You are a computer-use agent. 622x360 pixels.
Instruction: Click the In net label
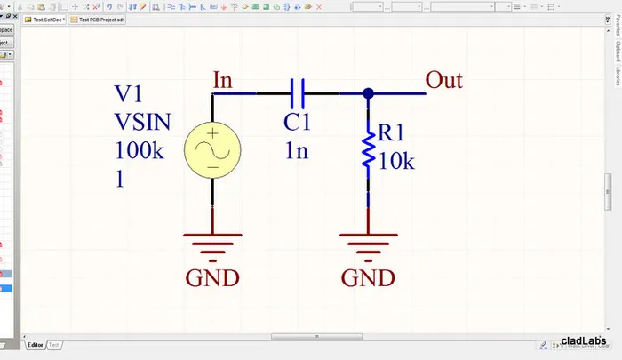(223, 80)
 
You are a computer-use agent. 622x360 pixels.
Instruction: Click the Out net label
(443, 80)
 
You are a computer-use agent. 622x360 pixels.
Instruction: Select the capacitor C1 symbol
(298, 92)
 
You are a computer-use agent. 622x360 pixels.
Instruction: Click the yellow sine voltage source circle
(212, 149)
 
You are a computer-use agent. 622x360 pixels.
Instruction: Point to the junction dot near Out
(367, 92)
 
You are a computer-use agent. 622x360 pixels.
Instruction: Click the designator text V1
(130, 95)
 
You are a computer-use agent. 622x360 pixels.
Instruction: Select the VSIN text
(142, 122)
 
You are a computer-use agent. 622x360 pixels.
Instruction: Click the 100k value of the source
(139, 150)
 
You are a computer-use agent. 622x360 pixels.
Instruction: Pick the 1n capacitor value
(297, 151)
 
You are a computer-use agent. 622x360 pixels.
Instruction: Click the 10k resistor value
(397, 162)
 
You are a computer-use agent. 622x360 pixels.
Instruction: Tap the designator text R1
(392, 133)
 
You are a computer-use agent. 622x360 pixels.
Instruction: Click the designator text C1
(299, 123)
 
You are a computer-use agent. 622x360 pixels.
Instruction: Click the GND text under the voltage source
(212, 278)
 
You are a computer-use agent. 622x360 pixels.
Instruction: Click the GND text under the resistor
(368, 278)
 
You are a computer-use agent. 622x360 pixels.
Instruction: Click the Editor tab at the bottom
(35, 344)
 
